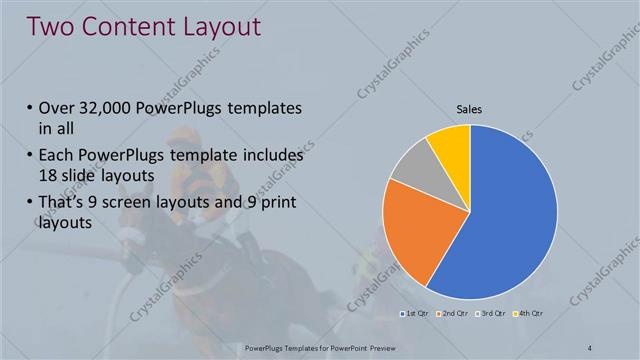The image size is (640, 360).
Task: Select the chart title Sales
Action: (x=470, y=111)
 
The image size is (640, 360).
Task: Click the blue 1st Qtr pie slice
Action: (x=510, y=220)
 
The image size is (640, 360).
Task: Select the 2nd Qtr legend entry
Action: (x=452, y=315)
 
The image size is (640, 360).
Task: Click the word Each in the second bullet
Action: (x=56, y=157)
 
